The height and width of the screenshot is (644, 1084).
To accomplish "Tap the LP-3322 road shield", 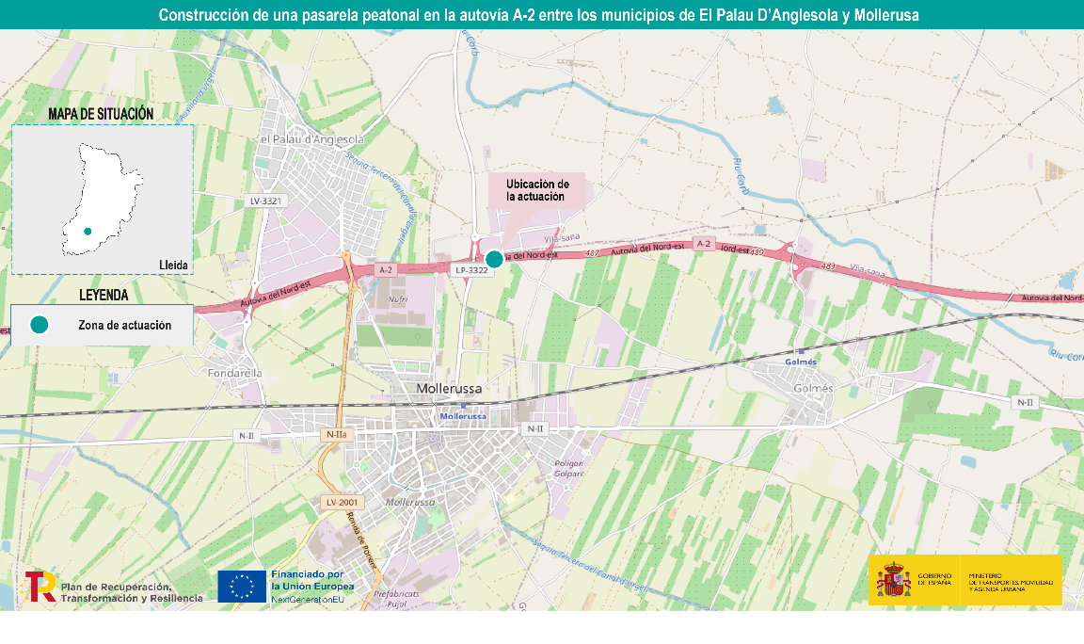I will (x=471, y=270).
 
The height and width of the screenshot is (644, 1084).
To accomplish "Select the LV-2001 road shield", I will (x=343, y=502).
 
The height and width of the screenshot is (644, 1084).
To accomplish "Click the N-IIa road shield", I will (x=335, y=434).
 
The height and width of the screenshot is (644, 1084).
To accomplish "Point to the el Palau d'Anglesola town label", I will (x=311, y=140).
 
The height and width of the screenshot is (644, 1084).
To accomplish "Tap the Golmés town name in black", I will (x=814, y=388).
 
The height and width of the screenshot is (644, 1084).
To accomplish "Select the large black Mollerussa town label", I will (x=449, y=388).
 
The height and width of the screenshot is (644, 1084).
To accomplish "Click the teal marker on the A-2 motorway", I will (x=494, y=259).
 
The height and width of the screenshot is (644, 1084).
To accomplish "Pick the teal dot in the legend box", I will (x=39, y=325).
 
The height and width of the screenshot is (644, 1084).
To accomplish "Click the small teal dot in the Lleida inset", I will (x=88, y=231).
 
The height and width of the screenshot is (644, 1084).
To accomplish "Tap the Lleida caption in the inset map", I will (x=174, y=266).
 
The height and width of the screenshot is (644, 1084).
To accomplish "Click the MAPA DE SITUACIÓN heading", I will (x=101, y=114).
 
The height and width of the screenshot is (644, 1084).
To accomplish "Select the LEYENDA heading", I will (x=104, y=295).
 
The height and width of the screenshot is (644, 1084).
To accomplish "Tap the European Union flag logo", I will (x=241, y=586).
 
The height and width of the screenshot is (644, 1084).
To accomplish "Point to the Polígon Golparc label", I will (x=569, y=468).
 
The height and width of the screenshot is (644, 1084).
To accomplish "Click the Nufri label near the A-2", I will (x=398, y=298).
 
